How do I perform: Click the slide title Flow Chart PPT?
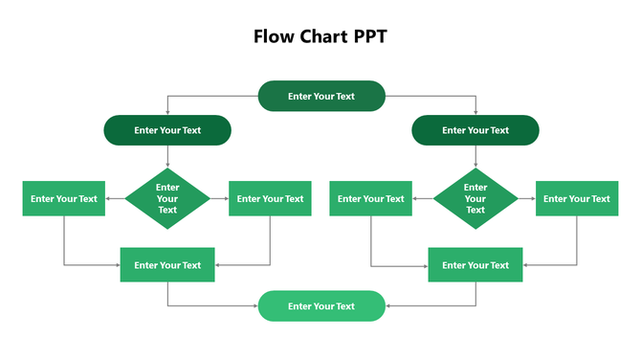point(320,36)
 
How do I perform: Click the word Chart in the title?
point(320,36)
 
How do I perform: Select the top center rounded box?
point(321,96)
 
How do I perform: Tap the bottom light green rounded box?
point(321,306)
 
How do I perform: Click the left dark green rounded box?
point(167,130)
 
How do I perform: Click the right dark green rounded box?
point(475,130)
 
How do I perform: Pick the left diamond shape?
point(167,198)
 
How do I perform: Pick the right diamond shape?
point(475,198)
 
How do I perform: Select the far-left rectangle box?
point(64,198)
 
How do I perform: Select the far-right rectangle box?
point(576,198)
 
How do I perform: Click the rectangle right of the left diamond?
point(270,198)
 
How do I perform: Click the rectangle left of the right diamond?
point(372,198)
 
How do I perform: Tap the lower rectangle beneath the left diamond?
point(167,265)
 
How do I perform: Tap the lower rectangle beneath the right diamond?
point(475,265)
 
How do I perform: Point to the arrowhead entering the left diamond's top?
point(167,165)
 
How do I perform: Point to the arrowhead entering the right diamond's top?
point(475,165)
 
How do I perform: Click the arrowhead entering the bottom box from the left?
point(254,306)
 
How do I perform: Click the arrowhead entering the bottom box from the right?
point(388,306)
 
